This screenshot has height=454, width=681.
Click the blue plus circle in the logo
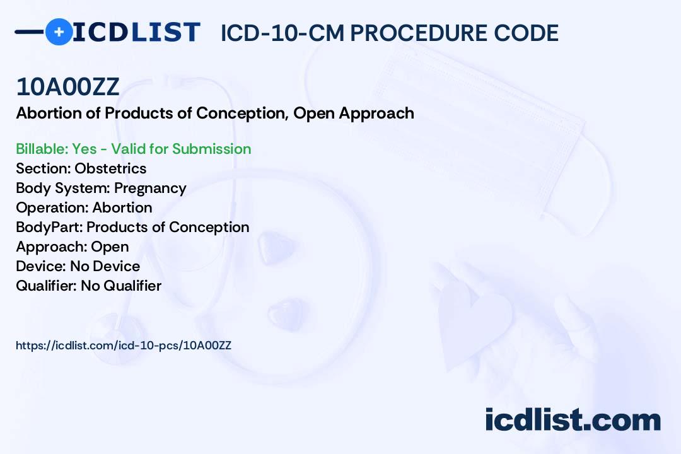tap(59, 32)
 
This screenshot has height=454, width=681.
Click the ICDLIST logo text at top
tap(136, 32)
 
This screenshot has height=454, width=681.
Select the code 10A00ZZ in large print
tap(67, 87)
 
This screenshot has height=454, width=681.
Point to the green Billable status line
tap(133, 149)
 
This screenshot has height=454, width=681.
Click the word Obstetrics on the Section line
tap(110, 168)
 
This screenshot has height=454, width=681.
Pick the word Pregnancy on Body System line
tap(150, 189)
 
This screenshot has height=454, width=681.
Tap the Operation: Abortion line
tap(84, 207)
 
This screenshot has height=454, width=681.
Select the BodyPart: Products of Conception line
tap(132, 227)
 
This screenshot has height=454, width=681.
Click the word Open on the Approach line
tap(110, 247)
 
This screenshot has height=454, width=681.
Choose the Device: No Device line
tap(78, 266)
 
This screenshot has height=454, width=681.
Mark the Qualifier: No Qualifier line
tap(89, 286)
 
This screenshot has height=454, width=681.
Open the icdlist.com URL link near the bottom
tap(124, 346)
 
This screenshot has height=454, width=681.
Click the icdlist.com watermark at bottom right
tap(573, 420)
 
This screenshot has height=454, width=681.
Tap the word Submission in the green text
tap(211, 149)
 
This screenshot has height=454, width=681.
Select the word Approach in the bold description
tap(376, 114)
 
